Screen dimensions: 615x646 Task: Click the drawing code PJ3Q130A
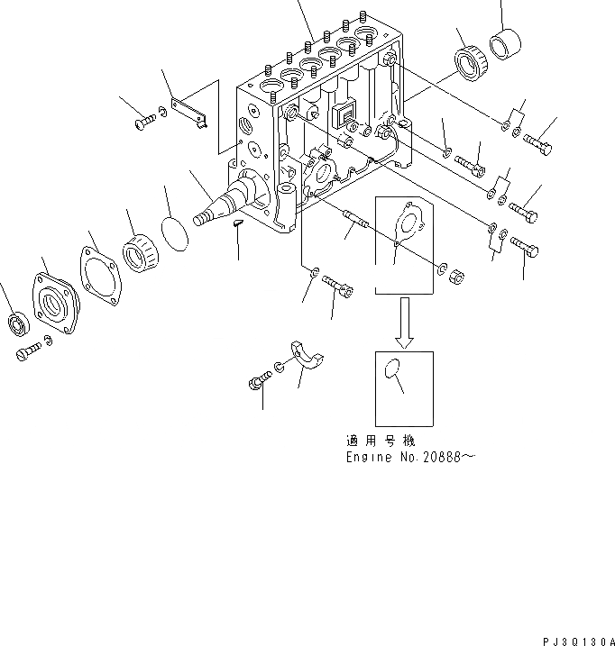579,641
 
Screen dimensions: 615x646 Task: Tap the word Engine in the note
369,458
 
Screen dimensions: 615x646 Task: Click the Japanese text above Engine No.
381,441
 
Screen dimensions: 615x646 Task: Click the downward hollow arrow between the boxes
404,323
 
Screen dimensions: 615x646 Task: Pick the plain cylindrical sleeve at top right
505,44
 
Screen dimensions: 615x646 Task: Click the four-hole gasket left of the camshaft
101,276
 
